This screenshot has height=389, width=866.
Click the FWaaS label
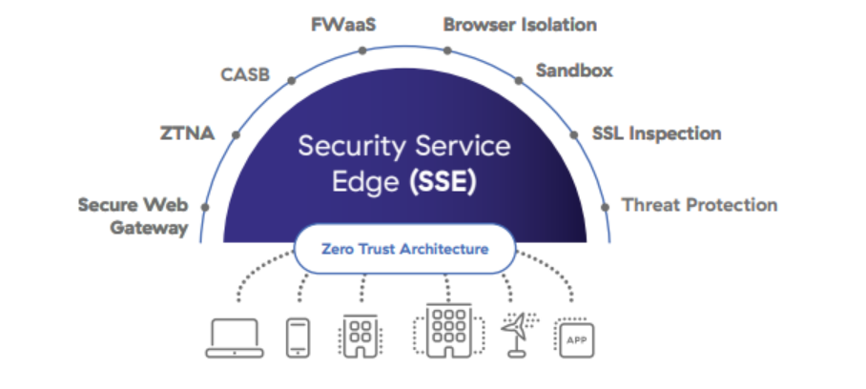(343, 24)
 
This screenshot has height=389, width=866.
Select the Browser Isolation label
(520, 24)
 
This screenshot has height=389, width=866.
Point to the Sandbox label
(574, 71)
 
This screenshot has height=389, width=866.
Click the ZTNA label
(187, 133)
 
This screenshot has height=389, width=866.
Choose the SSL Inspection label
(656, 133)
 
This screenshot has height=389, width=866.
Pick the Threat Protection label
(699, 204)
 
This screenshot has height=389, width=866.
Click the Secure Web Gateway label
(134, 215)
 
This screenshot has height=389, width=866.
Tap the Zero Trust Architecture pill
(405, 249)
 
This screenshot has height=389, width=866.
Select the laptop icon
(235, 337)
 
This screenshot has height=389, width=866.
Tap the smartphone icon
(298, 337)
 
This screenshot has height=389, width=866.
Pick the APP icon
(574, 338)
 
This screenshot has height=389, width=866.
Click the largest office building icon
(444, 332)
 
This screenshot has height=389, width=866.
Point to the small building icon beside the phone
(361, 337)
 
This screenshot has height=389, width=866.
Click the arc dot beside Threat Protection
(604, 206)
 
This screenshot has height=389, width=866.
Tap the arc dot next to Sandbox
(519, 80)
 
